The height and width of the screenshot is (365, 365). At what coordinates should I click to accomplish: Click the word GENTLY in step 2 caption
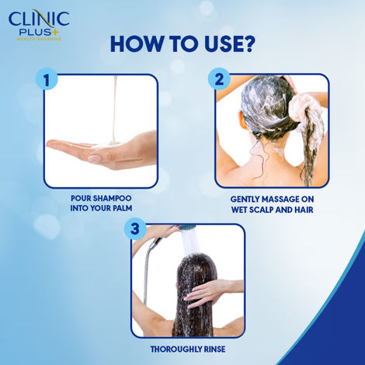coord(247,198)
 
